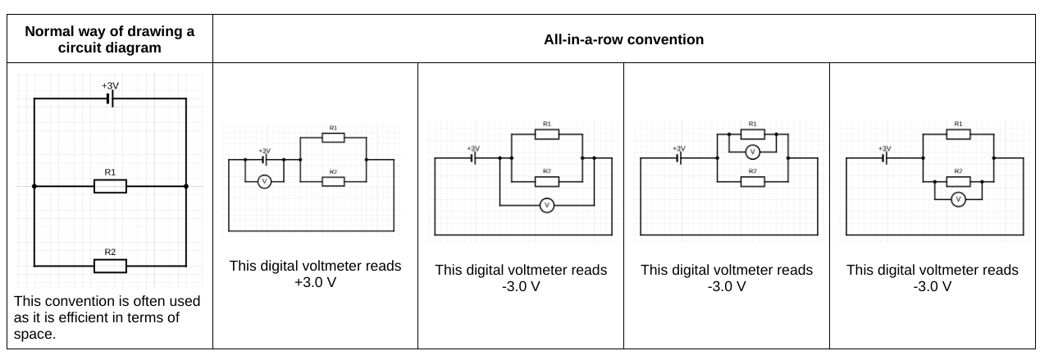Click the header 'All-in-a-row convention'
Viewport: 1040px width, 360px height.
[x=623, y=39]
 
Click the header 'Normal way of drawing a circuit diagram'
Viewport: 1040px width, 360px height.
[x=109, y=39]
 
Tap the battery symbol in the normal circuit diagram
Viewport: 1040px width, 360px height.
[x=110, y=99]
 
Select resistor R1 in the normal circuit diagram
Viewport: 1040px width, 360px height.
[x=110, y=187]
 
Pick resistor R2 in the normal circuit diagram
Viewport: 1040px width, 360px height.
[x=110, y=266]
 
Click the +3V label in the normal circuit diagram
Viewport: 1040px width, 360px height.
[x=110, y=85]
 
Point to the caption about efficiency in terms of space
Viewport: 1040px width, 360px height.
[x=107, y=317]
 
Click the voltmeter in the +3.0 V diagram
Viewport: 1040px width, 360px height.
[x=265, y=182]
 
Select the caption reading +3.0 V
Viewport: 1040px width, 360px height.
[x=315, y=275]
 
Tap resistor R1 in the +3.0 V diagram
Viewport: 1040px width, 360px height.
[x=333, y=138]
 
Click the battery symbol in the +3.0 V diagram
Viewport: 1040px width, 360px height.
[x=265, y=160]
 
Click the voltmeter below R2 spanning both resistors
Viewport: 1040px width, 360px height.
[x=547, y=205]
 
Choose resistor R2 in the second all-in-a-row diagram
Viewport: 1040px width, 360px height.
[x=547, y=181]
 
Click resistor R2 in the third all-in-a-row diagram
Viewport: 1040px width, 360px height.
[x=753, y=181]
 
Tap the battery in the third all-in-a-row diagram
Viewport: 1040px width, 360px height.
[x=679, y=158]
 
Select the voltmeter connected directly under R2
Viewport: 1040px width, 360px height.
[x=958, y=199]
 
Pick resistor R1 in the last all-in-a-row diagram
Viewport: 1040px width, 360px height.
[x=958, y=134]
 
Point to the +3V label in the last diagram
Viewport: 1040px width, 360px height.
[x=884, y=148]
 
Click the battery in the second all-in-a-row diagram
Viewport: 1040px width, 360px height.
[x=473, y=158]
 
